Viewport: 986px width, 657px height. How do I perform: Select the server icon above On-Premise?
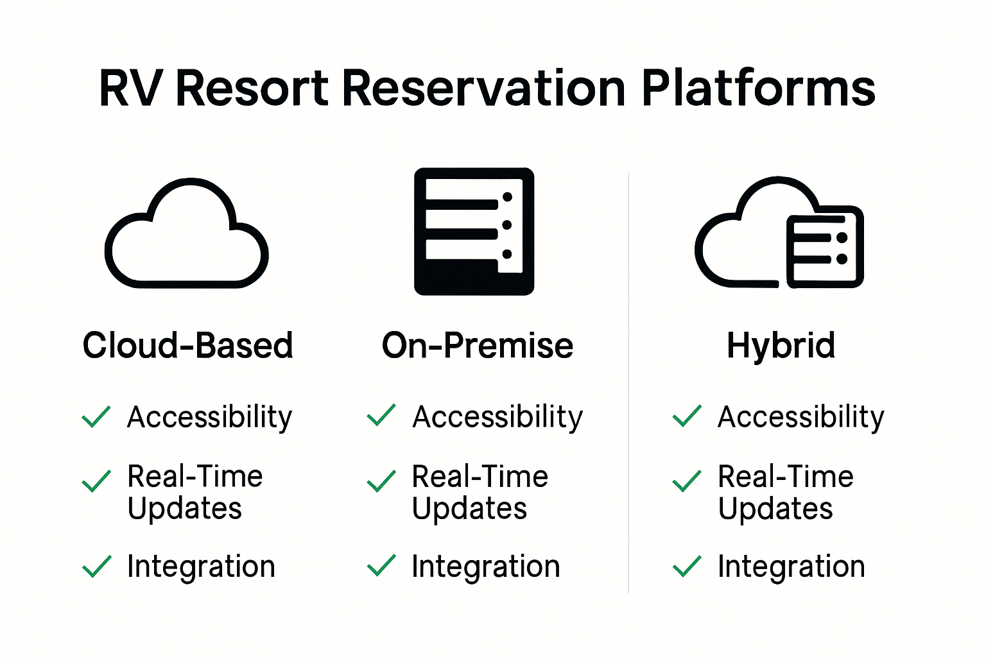click(474, 232)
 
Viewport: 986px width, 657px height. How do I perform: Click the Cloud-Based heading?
click(187, 345)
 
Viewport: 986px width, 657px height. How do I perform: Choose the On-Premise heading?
click(477, 345)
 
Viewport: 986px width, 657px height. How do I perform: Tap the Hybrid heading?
click(781, 345)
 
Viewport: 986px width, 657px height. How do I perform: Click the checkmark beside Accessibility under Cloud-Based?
click(96, 416)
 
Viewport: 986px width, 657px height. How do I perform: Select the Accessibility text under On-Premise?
click(497, 417)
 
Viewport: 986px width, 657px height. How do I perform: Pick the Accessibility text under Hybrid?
click(800, 417)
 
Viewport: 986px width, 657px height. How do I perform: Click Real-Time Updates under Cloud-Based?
click(195, 492)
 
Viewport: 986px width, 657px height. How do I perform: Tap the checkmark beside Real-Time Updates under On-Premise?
click(381, 481)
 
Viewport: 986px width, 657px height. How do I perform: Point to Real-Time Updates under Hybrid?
click(785, 492)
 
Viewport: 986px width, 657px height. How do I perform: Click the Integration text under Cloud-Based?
click(201, 567)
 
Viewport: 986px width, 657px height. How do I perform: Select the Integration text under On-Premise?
click(485, 567)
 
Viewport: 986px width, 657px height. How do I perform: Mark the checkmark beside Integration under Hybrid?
click(687, 566)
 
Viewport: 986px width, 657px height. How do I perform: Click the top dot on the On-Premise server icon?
click(507, 197)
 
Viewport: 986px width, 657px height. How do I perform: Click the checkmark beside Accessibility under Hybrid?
click(687, 416)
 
